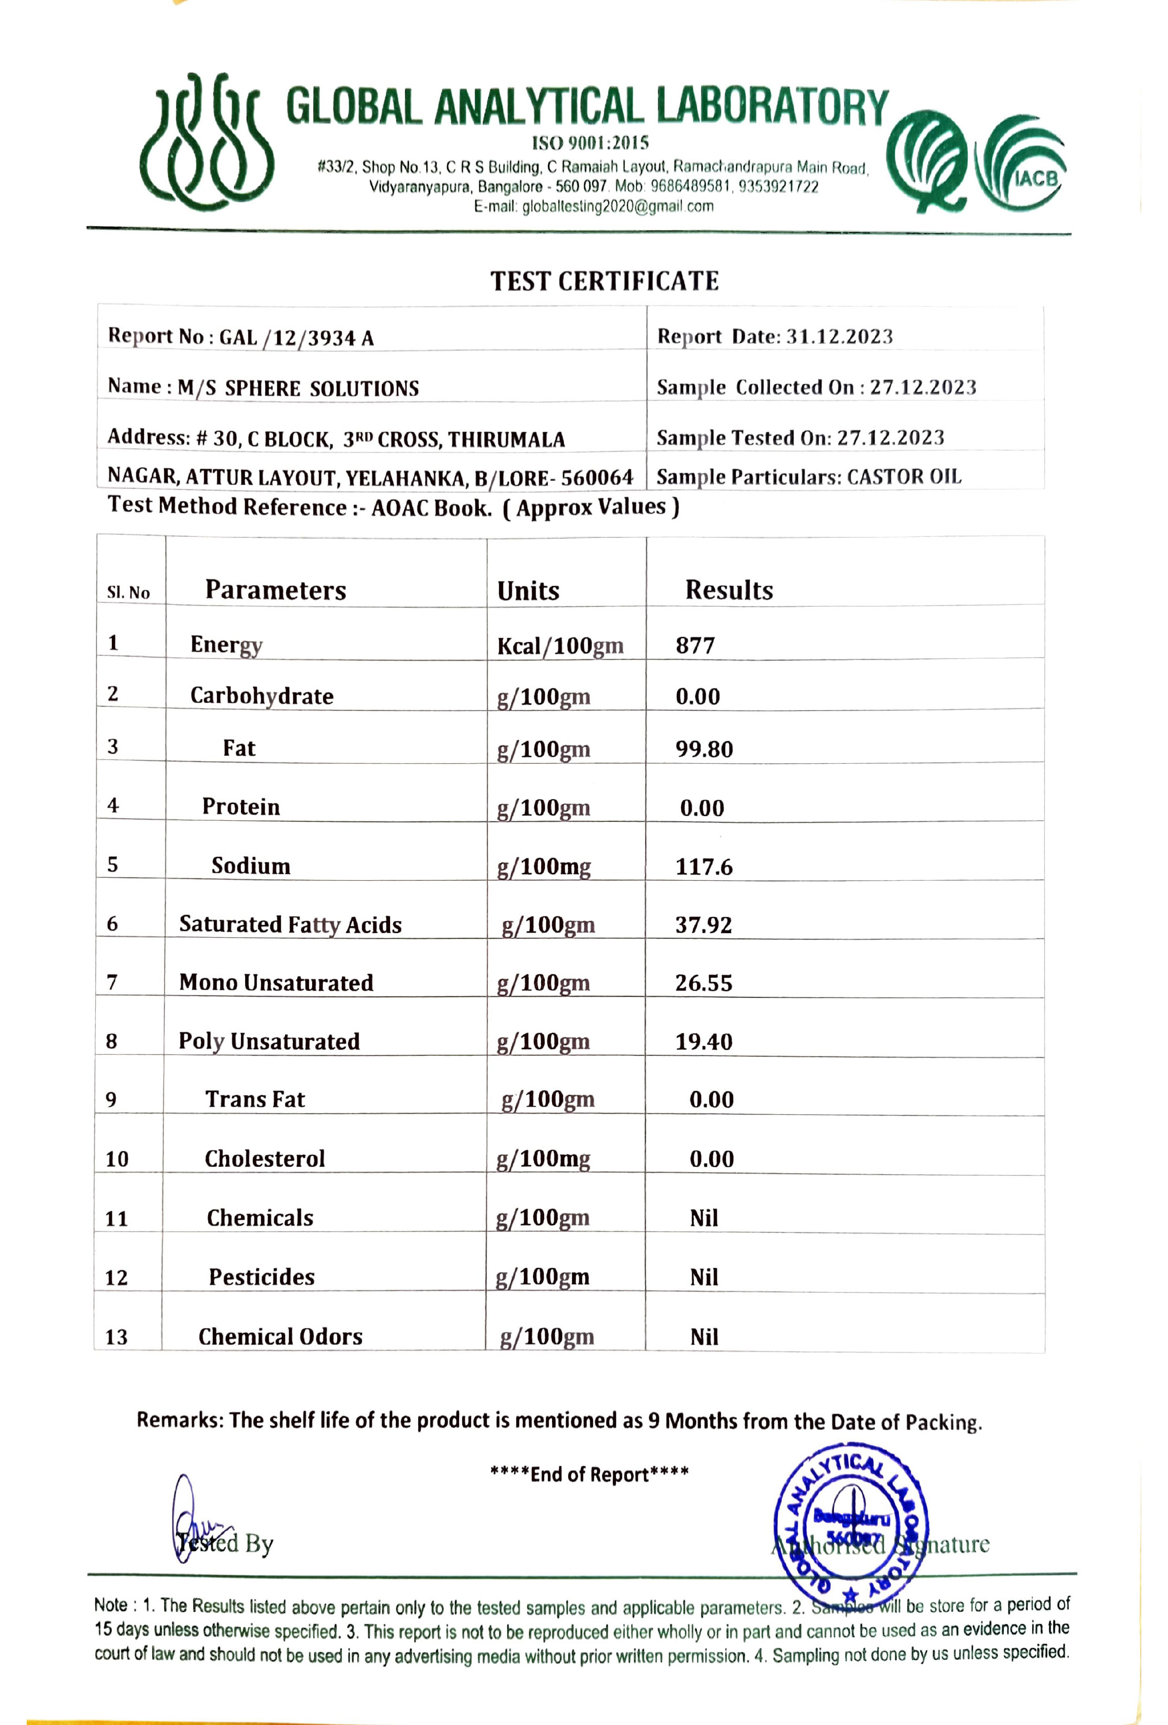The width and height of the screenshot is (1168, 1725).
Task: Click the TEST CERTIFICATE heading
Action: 604,281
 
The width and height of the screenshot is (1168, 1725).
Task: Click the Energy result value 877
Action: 695,646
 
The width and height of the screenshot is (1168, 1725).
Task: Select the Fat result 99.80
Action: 704,749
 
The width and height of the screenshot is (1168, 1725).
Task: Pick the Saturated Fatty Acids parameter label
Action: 290,925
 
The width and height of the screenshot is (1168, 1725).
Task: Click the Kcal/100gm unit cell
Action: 560,646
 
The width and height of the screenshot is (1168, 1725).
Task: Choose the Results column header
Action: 728,590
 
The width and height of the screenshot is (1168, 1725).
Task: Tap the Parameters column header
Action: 276,590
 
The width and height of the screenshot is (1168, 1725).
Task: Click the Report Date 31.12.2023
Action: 839,337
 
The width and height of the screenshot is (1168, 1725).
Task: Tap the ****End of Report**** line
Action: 589,1474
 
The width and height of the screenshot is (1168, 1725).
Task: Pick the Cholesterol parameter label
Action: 265,1159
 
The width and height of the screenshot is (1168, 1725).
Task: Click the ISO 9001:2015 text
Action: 590,143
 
